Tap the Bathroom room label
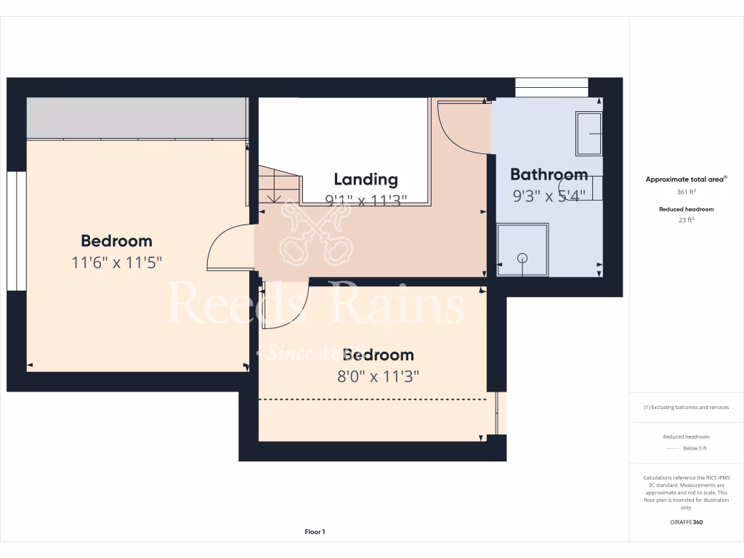click(x=549, y=174)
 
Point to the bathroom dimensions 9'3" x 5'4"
click(x=549, y=195)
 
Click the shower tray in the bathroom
click(x=522, y=250)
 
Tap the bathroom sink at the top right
click(x=589, y=133)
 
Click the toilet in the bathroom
click(x=581, y=187)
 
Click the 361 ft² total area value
click(x=687, y=193)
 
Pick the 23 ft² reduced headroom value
click(x=687, y=219)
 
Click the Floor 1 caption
click(x=315, y=532)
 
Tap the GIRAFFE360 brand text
click(x=687, y=522)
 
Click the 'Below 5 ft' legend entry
click(x=695, y=448)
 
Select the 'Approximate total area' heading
click(x=685, y=179)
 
